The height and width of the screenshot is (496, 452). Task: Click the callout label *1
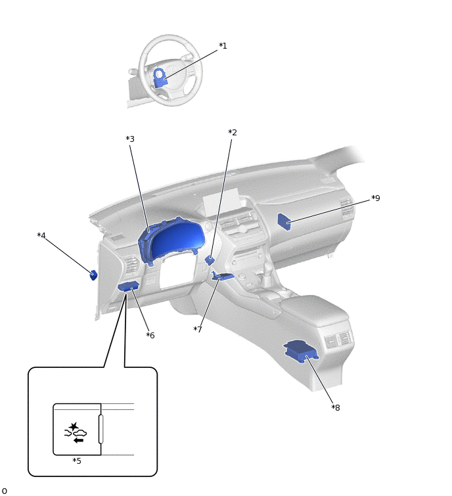point(223,46)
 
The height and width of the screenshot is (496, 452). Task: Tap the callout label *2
point(233,133)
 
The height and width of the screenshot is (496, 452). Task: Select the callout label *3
point(130,139)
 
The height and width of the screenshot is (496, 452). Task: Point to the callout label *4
point(41,235)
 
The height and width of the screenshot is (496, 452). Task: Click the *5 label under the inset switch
point(77,461)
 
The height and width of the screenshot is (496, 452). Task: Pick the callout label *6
point(150,335)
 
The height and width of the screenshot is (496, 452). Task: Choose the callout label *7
point(198,329)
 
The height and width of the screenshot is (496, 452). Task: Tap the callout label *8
point(336,408)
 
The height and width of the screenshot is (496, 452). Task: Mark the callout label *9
point(375,198)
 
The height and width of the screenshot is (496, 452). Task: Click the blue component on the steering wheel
point(160,78)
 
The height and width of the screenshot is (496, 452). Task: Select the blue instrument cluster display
point(172,239)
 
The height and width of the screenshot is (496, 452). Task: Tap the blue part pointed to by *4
point(94,275)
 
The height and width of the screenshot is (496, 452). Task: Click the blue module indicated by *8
point(301,351)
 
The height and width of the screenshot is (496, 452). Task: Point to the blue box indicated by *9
point(284,222)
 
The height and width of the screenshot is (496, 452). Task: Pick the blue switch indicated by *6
point(128,286)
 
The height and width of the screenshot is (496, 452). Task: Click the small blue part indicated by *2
point(210,260)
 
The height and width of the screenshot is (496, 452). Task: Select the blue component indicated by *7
point(223,275)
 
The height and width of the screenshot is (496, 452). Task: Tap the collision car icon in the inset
point(76,430)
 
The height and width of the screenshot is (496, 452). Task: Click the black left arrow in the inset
point(78,440)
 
